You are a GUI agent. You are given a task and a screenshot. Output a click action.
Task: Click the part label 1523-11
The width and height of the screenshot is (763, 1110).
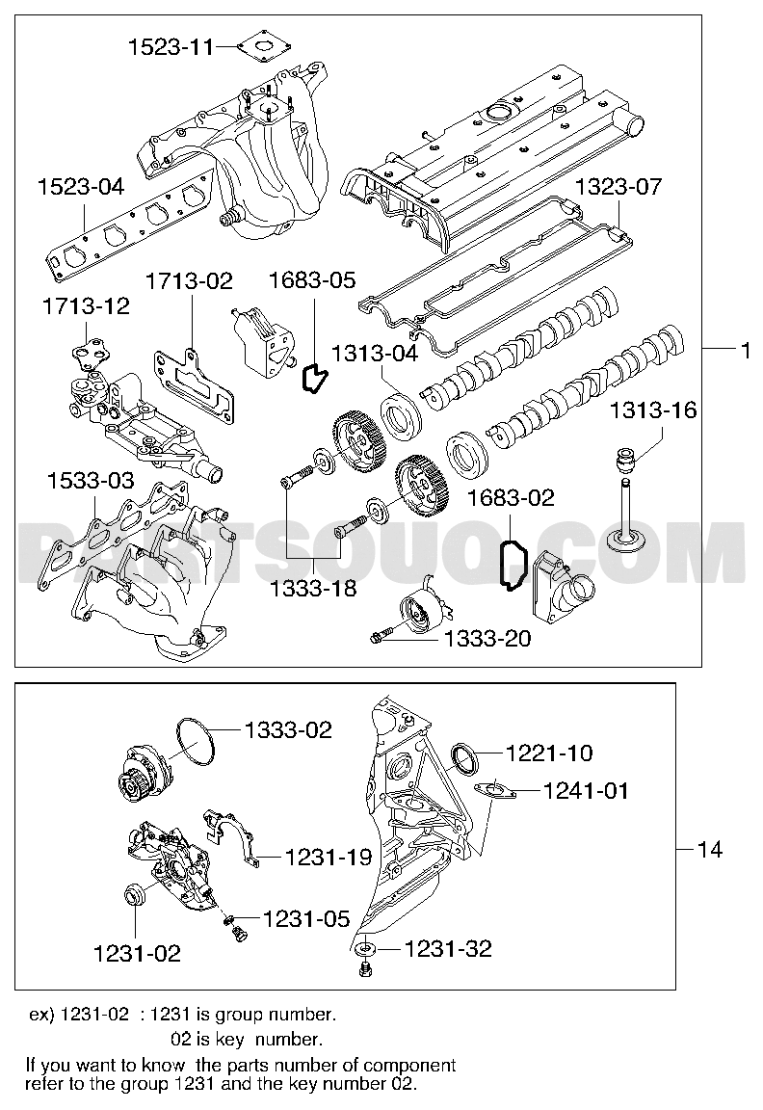(171, 45)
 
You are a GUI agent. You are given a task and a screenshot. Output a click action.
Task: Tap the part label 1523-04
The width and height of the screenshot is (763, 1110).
(81, 186)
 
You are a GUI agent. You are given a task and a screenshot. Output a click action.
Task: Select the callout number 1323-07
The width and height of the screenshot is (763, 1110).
(618, 186)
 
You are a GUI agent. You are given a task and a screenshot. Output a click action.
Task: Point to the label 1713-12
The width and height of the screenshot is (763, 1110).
(85, 306)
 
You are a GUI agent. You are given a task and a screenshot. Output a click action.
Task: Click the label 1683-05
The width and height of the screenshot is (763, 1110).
(311, 280)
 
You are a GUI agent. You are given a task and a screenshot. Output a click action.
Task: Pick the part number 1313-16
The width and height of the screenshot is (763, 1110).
(652, 411)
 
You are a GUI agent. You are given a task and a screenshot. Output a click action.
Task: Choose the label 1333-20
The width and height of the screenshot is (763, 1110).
(487, 637)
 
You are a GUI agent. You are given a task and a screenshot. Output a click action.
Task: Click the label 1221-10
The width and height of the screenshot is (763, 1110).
(549, 753)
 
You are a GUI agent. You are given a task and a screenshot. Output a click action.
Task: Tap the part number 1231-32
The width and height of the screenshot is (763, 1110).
(448, 949)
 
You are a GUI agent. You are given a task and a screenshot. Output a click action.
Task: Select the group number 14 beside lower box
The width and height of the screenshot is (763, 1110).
(709, 849)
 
